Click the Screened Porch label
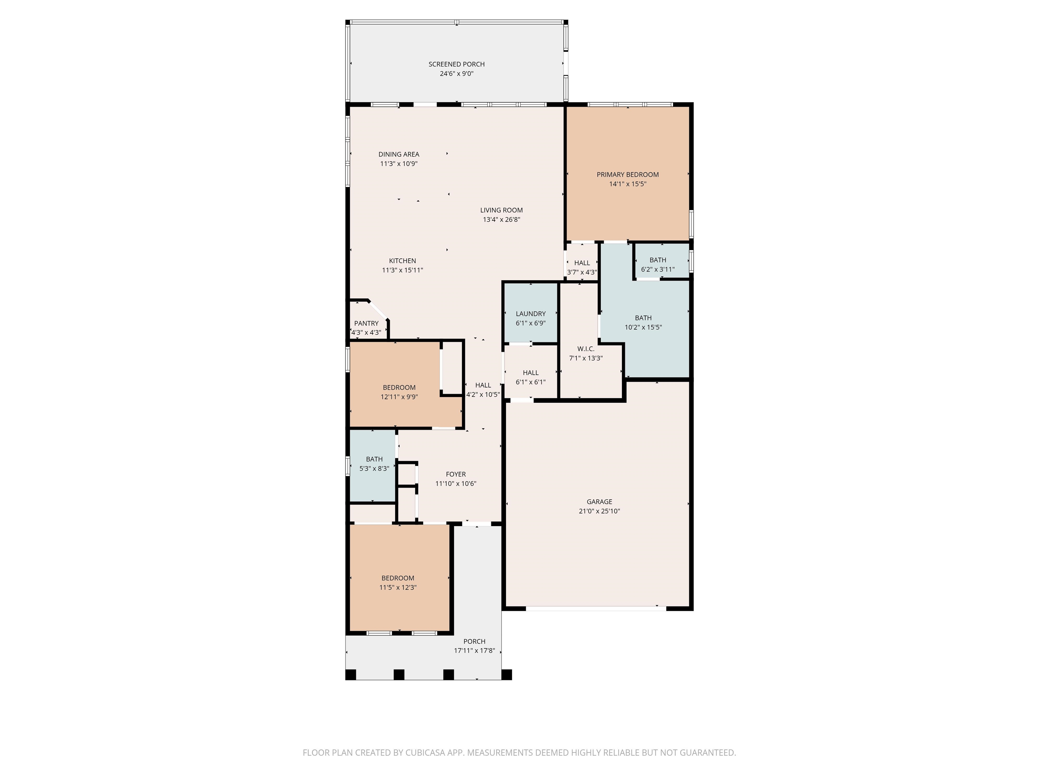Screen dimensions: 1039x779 456,64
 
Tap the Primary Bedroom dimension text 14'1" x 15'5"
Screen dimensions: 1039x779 627,184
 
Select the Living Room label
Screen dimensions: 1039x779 501,210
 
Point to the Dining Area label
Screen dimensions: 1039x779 399,155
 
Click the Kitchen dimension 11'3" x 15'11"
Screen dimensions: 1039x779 402,270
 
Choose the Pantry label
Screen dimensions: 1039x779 366,324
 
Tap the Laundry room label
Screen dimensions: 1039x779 531,314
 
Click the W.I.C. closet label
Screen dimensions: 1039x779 586,349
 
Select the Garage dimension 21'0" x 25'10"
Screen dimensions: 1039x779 599,511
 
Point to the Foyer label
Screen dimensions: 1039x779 456,475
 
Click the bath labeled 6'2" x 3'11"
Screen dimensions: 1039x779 657,260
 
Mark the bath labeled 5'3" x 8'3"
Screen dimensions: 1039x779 374,459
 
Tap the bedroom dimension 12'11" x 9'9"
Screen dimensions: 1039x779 399,397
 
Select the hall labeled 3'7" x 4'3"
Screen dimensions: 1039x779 582,263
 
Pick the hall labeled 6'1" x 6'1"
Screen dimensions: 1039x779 531,373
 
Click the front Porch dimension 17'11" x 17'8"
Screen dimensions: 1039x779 475,651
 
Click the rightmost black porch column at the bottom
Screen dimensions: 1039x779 506,675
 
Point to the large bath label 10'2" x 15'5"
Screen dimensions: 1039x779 643,328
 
